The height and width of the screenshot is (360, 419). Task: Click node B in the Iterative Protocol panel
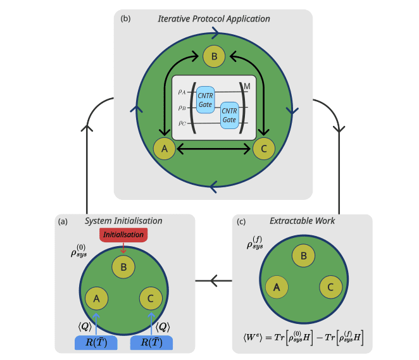coord(214,57)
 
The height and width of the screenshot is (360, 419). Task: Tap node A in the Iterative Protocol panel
coord(164,149)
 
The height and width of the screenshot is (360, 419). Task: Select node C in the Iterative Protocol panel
coord(264,149)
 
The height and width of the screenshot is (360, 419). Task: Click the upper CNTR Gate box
coord(206,99)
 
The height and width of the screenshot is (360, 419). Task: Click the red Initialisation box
coord(123,235)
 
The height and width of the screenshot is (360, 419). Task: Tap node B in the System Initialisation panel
coord(123,266)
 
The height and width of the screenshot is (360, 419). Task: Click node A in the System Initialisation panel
coord(96,297)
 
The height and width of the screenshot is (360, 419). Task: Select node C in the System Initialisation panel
coord(151,297)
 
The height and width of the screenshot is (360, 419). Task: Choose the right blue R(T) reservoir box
coord(151,343)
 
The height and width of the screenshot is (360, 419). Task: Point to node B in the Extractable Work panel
coord(304,256)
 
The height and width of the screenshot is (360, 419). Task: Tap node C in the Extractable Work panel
coord(331,287)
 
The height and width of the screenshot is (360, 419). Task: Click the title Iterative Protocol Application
coord(214,19)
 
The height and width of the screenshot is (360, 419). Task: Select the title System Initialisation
coord(123,221)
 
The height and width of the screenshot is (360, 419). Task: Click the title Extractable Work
coord(303,221)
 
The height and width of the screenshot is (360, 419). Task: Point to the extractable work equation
coord(303,336)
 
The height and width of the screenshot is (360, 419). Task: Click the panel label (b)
coord(125,19)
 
